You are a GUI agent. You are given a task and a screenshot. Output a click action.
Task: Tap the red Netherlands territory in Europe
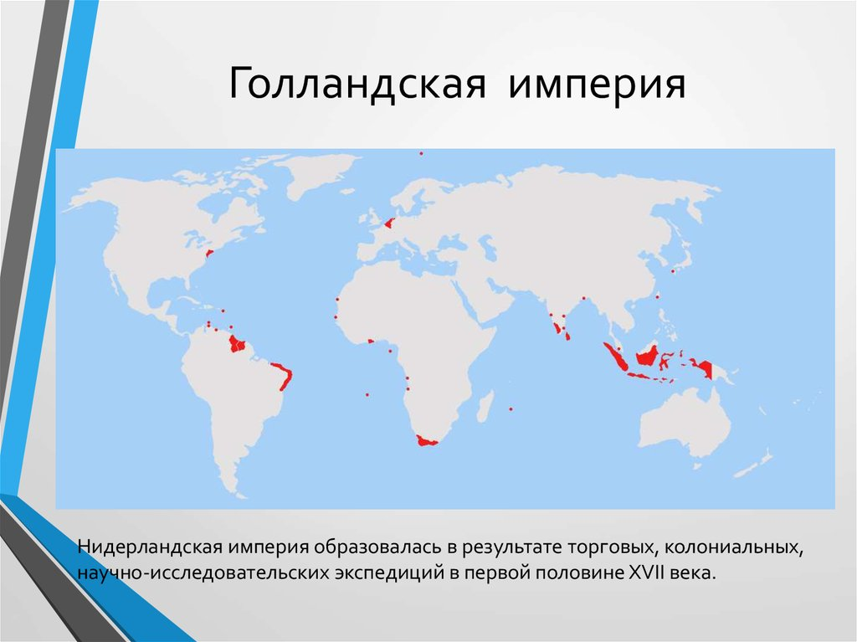pos(387,223)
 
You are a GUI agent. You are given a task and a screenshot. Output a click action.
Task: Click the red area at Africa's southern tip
pos(427,440)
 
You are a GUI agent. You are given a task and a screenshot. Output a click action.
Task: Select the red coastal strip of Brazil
pos(284,376)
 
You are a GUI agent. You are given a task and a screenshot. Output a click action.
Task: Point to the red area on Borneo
pos(648,357)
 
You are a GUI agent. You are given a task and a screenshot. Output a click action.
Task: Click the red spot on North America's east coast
pos(209,251)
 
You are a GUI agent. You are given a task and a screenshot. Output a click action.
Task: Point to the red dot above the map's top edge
pos(421,153)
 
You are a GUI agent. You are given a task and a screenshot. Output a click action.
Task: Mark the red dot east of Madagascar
pos(511,409)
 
